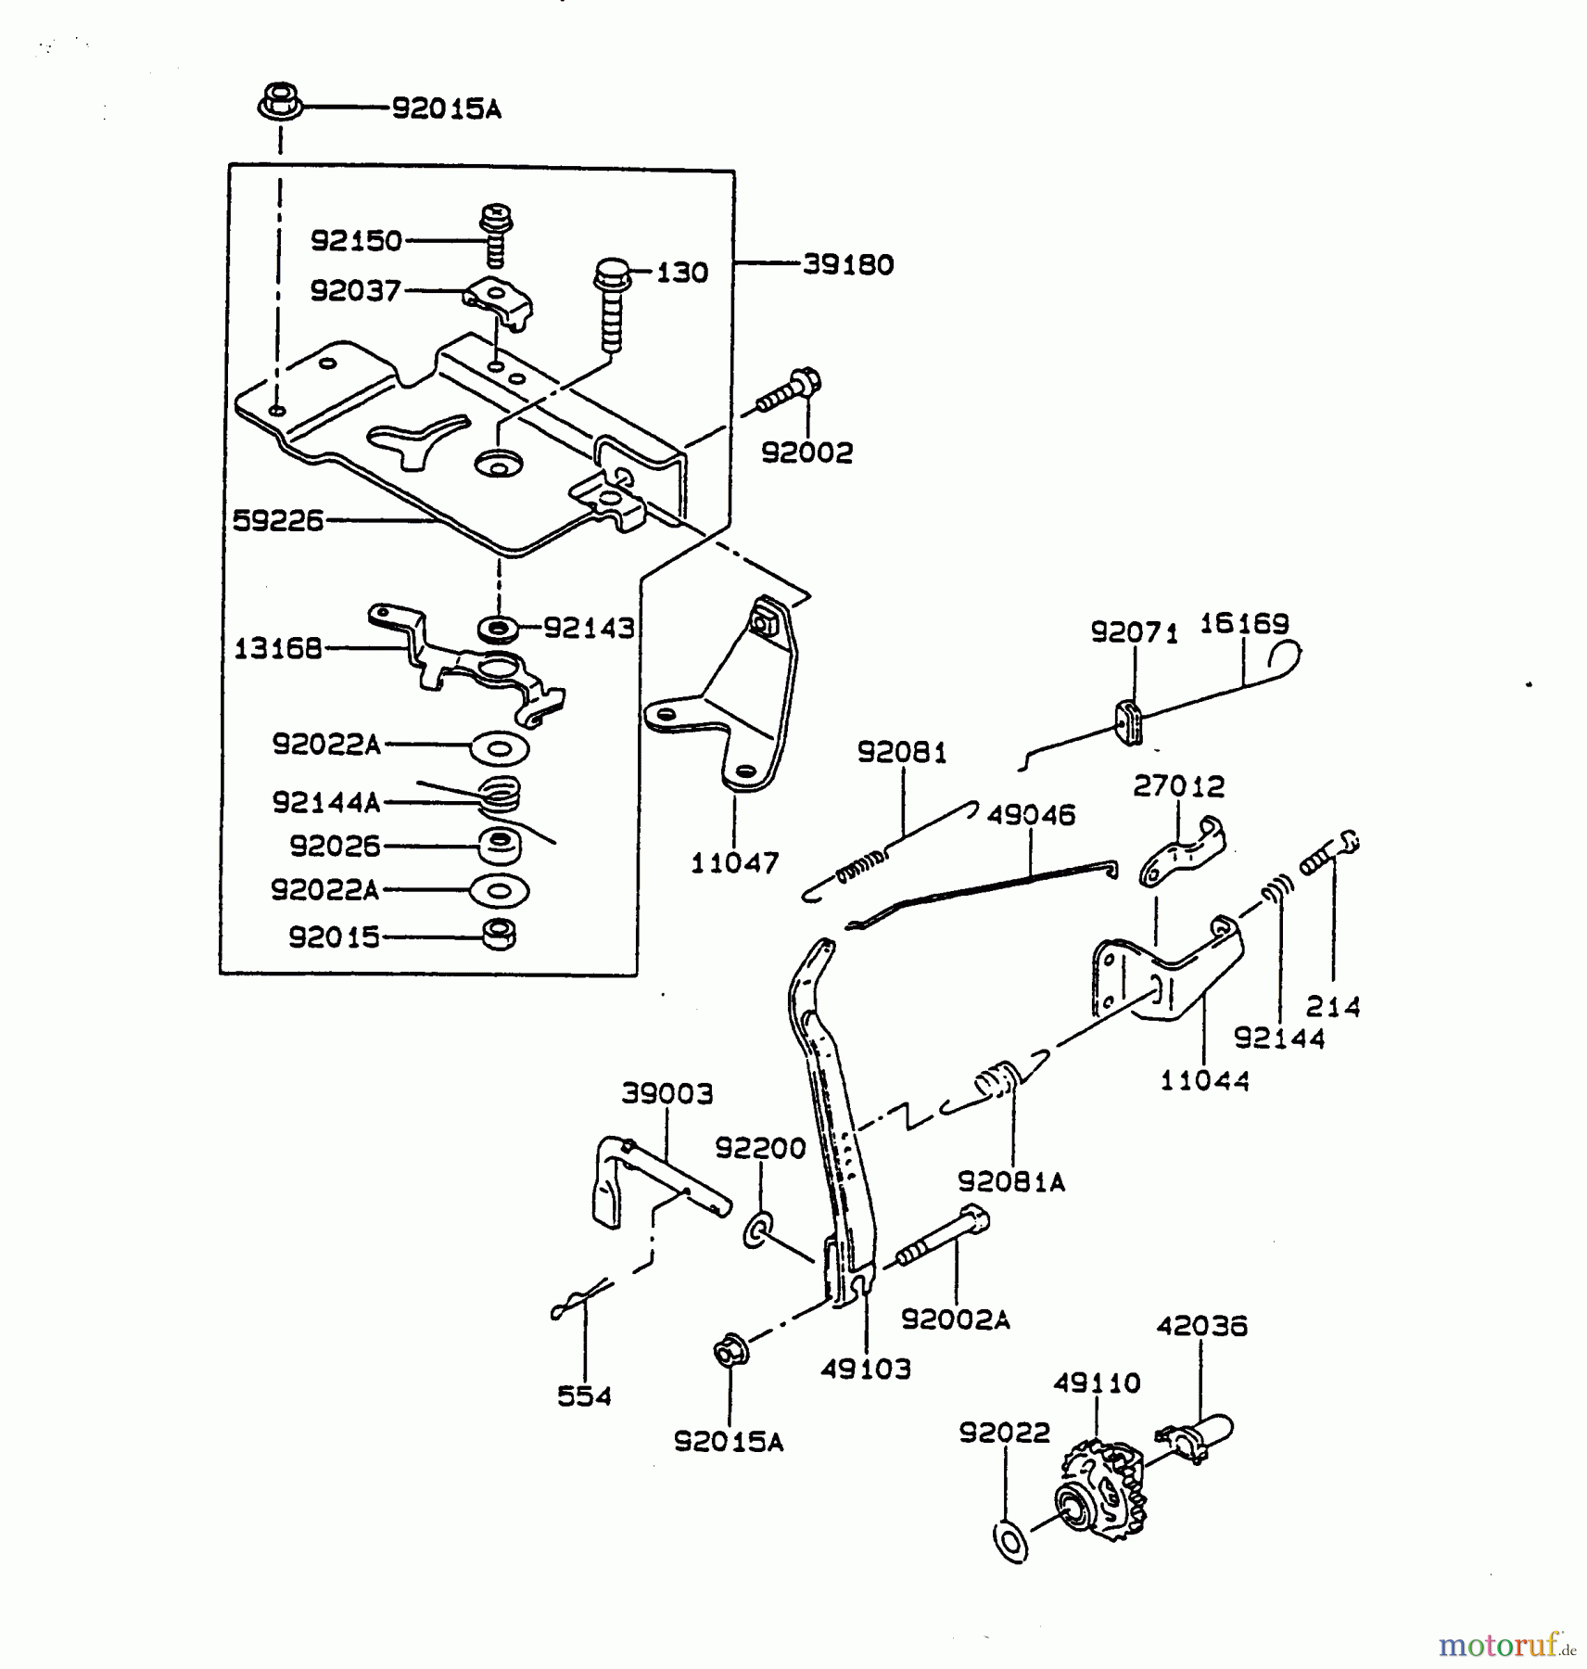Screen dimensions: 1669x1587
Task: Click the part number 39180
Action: (847, 264)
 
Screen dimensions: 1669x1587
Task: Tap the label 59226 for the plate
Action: (277, 520)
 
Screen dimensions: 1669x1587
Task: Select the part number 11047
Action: (734, 863)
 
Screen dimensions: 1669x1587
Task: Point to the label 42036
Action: (1201, 1326)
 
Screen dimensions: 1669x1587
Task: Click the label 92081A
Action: (1011, 1182)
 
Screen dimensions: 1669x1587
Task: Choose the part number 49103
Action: (865, 1369)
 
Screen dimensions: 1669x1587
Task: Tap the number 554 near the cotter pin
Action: (584, 1395)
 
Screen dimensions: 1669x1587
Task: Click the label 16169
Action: (1244, 623)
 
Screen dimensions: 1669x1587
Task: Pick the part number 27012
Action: (1178, 786)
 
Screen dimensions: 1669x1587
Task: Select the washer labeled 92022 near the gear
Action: (1009, 1540)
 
